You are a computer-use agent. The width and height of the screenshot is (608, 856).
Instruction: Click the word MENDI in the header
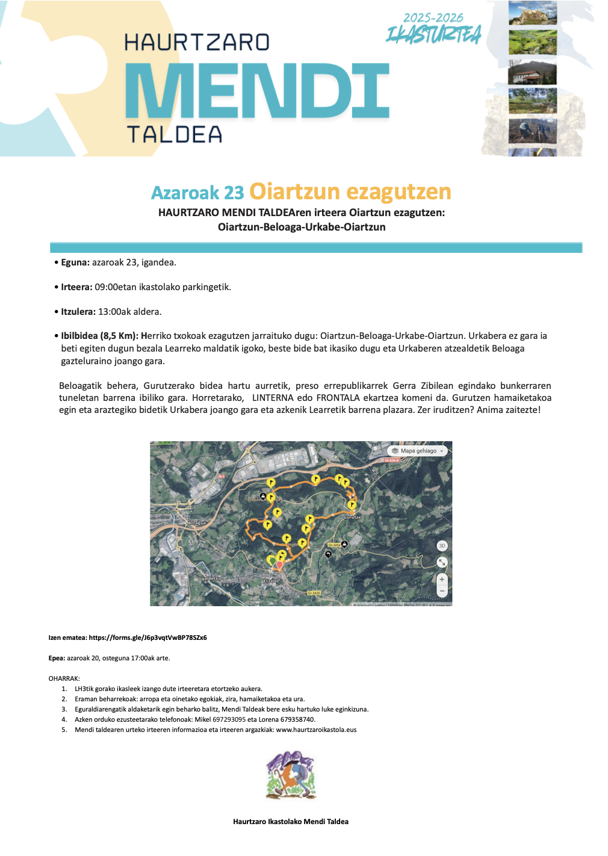tap(257, 91)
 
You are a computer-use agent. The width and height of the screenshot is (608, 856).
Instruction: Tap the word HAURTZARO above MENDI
tap(196, 42)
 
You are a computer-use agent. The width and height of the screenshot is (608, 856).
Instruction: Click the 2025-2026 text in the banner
tap(433, 18)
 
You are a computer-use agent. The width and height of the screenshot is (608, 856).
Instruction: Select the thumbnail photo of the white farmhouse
tap(532, 72)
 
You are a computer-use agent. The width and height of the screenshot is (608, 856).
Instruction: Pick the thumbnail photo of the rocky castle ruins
tap(532, 13)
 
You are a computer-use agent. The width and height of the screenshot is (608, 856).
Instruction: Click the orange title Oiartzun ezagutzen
tap(350, 191)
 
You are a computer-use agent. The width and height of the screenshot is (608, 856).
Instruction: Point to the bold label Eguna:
tap(75, 262)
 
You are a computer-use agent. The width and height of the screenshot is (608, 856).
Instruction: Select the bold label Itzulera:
tap(78, 312)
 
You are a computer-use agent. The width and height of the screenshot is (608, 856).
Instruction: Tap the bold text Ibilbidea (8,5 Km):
tap(99, 336)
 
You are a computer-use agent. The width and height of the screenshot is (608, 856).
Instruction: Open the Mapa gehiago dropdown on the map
tap(418, 451)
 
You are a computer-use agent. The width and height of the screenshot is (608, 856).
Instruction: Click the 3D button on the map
tap(442, 546)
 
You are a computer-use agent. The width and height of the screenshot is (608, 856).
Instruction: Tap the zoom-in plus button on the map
tap(442, 579)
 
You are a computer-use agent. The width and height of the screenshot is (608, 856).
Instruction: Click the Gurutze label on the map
tap(352, 517)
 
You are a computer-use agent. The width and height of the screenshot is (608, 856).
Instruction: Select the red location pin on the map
tap(279, 564)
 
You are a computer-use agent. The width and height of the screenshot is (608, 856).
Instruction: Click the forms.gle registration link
tap(147, 637)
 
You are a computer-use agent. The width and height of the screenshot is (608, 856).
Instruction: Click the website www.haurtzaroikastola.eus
tap(316, 730)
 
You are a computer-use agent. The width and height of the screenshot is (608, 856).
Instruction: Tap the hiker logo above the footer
tap(291, 775)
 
